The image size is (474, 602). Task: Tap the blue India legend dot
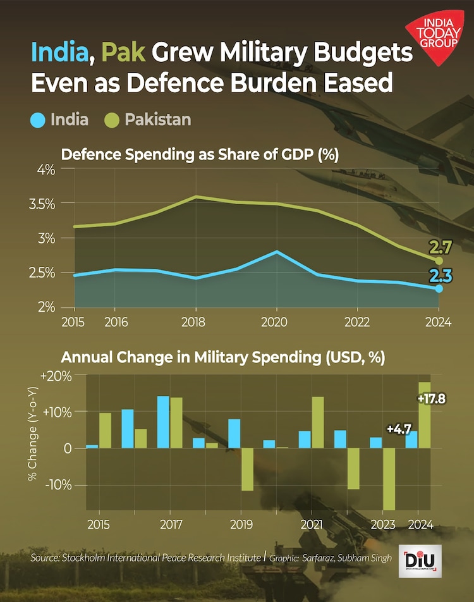(39, 119)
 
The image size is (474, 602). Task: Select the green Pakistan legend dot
(112, 119)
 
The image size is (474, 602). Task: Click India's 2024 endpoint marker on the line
(439, 288)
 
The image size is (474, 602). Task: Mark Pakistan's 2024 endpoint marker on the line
(439, 261)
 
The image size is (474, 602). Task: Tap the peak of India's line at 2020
(276, 252)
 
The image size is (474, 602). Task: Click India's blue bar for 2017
(163, 422)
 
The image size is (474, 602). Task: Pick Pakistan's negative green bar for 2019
(247, 469)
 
